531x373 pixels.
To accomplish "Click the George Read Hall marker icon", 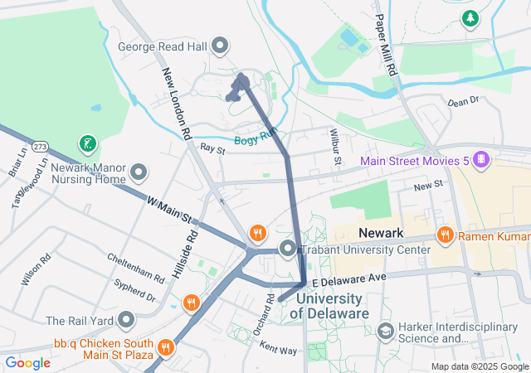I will point(221,46).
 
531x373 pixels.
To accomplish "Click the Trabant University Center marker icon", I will point(288,249).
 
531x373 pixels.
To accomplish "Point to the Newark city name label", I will point(380,233).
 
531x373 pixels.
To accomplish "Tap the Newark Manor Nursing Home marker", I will point(139,174).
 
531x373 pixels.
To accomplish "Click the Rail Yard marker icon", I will point(126,320).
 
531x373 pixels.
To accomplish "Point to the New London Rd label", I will point(177,103).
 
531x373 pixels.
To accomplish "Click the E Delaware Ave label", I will point(348,277).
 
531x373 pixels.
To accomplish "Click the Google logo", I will point(27,363).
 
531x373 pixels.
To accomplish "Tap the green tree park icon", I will point(470,17).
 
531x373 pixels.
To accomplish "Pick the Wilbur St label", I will point(335,146).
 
